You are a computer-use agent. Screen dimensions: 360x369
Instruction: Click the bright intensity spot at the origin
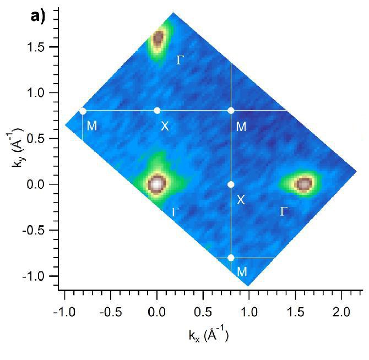tap(157, 183)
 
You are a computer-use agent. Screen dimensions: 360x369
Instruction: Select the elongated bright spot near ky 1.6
tap(158, 39)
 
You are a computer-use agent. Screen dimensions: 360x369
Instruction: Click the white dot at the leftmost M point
tap(83, 111)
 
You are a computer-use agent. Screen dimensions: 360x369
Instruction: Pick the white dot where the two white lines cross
tap(231, 111)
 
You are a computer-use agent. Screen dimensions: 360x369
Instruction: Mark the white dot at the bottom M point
tap(231, 258)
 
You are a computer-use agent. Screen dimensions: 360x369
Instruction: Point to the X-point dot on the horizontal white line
tap(157, 111)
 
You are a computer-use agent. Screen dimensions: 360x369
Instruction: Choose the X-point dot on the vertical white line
tap(231, 184)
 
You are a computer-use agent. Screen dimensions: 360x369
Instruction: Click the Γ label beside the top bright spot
tap(180, 59)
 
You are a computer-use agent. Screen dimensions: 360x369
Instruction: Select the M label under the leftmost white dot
tap(92, 126)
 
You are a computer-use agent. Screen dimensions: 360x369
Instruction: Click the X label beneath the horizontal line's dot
tap(164, 127)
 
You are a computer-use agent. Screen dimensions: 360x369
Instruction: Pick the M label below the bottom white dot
tap(241, 272)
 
